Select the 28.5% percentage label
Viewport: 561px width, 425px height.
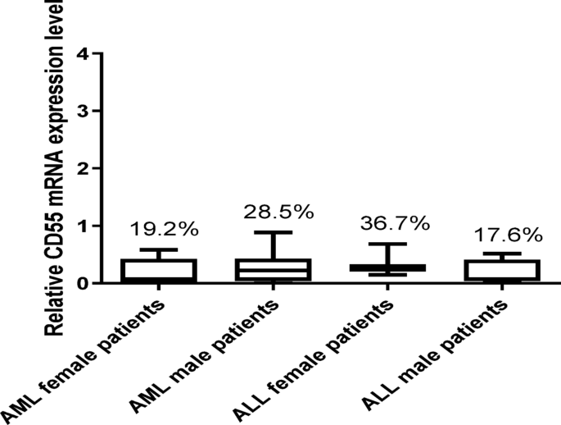[x=278, y=212]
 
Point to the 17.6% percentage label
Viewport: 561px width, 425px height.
[x=509, y=235]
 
